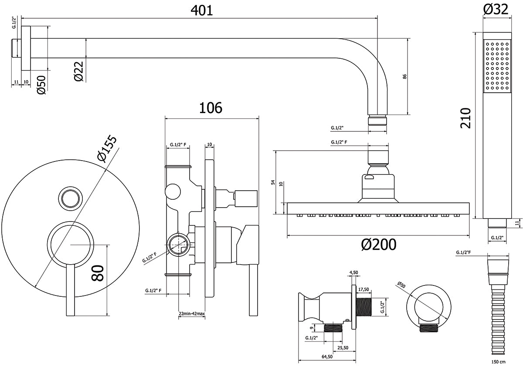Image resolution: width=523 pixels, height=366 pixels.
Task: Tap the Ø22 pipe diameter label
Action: point(79,70)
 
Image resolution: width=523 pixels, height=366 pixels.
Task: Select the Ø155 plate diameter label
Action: point(107,149)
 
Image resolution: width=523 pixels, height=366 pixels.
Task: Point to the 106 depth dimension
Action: point(211,107)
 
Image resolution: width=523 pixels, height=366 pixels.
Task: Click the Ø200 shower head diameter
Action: point(379,245)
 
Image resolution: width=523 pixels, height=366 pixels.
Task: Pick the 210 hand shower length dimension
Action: point(465,117)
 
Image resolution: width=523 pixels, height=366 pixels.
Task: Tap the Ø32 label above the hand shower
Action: point(496,9)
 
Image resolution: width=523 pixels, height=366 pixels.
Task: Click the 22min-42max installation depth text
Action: point(192,314)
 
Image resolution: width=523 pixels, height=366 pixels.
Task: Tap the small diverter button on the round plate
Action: point(69,198)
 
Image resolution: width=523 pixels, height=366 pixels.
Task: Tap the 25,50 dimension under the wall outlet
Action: point(343,347)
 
